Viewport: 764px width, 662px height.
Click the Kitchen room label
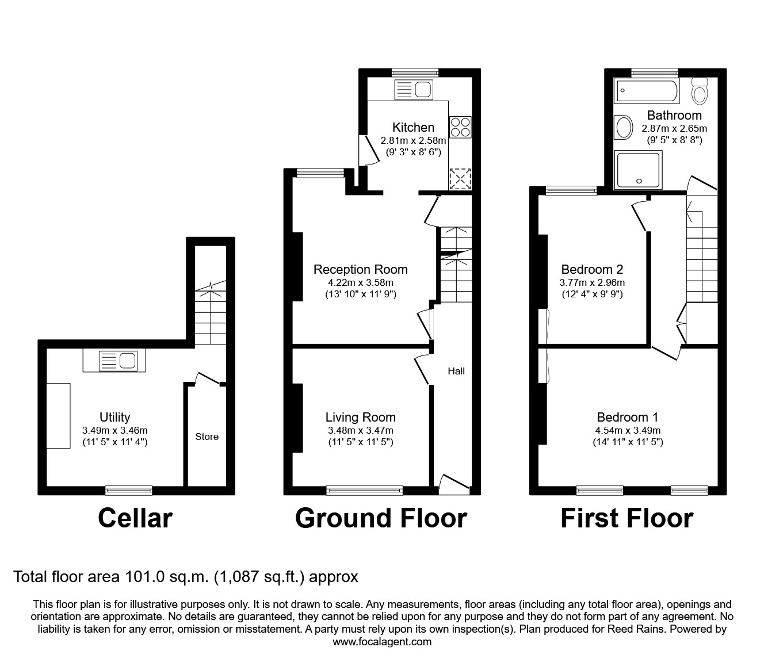[x=413, y=127]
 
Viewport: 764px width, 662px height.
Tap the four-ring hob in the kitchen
[x=460, y=127]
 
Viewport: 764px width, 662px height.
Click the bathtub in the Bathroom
[x=647, y=91]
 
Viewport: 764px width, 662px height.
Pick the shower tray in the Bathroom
[x=638, y=170]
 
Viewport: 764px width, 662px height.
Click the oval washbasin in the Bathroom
[x=622, y=128]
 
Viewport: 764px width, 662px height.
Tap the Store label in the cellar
[x=207, y=437]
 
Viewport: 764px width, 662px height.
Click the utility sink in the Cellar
[x=114, y=361]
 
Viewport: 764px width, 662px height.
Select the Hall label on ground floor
[x=456, y=371]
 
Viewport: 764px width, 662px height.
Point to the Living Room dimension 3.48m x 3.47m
[x=360, y=430]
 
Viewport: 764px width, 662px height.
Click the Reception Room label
[x=360, y=269]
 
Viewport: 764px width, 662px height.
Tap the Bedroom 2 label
[x=592, y=269]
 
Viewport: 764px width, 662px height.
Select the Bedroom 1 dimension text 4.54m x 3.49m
[x=628, y=430]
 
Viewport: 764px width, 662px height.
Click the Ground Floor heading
[x=380, y=518]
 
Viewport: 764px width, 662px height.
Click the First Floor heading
[x=627, y=518]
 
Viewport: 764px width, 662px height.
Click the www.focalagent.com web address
[x=382, y=641]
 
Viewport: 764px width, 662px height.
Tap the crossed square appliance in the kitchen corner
[x=460, y=178]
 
